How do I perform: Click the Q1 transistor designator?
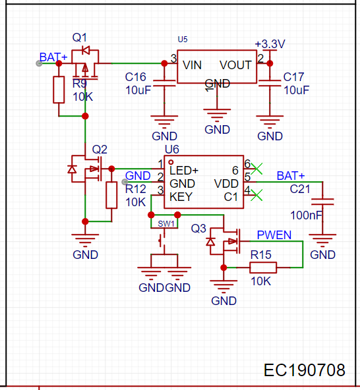79,38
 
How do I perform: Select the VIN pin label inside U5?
192,65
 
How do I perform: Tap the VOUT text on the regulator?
235,65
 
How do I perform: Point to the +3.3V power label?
270,44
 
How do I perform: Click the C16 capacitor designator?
135,77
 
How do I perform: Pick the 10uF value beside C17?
297,90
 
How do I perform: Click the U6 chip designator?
172,150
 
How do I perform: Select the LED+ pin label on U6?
184,171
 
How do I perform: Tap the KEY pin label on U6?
181,197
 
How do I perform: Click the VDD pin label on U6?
226,184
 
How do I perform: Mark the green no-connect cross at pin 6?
256,169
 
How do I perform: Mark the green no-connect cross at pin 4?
256,195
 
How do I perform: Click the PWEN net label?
274,235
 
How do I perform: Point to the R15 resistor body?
263,267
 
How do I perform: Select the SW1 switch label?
166,224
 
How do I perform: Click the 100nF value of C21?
306,215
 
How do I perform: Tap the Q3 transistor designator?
198,229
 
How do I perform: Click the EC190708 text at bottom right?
304,370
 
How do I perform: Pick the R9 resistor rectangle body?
59,90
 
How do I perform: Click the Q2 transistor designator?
100,150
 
